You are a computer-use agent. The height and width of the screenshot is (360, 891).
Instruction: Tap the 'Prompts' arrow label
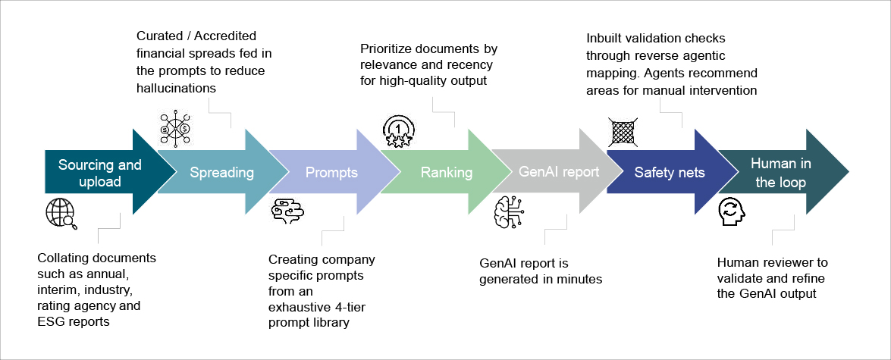pyautogui.click(x=331, y=173)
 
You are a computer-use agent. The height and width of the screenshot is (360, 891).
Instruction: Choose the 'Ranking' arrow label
pyautogui.click(x=447, y=173)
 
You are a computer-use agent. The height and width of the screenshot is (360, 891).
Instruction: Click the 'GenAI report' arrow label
pyautogui.click(x=559, y=171)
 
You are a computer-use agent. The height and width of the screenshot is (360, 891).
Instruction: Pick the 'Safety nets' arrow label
pyautogui.click(x=670, y=173)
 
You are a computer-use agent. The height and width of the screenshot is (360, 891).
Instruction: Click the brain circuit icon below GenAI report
pyautogui.click(x=510, y=212)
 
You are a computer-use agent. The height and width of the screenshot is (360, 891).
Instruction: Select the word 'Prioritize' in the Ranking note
pyautogui.click(x=390, y=50)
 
